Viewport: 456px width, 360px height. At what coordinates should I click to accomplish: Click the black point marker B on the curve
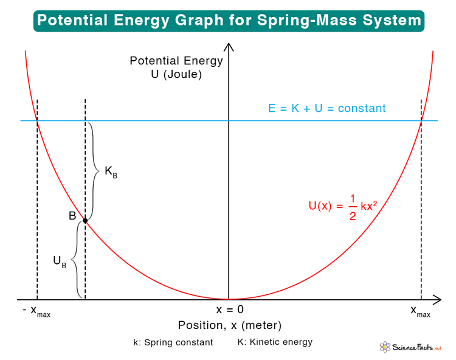coord(85,220)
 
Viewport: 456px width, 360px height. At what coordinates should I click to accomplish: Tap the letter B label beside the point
coord(72,216)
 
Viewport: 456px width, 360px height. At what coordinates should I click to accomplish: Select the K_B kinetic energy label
coord(111,172)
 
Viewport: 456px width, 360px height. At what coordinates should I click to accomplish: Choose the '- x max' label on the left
coord(37,311)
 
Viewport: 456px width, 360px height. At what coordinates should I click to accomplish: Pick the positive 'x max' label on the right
coord(420,311)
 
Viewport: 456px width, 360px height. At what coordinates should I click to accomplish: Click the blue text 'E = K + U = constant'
coord(327,109)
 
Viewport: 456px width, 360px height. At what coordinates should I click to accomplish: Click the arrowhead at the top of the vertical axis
coord(229,46)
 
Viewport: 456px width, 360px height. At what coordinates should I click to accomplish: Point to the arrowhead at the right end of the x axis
coord(437,299)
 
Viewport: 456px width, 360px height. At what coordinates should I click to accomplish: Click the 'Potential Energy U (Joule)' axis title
coord(176,68)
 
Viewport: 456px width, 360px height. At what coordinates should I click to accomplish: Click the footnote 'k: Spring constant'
coord(173,342)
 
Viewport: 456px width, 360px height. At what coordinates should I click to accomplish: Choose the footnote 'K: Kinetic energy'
coord(275,342)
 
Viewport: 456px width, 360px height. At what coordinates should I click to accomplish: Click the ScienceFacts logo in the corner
coord(412,347)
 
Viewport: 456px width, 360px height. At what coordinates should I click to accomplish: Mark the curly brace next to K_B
coord(94,170)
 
